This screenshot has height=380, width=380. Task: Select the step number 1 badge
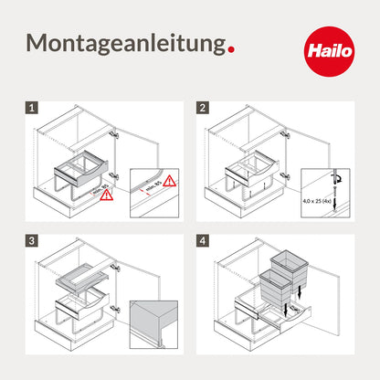point(33,108)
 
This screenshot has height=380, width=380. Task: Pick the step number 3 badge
point(33,242)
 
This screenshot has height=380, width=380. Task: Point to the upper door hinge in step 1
point(114,134)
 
